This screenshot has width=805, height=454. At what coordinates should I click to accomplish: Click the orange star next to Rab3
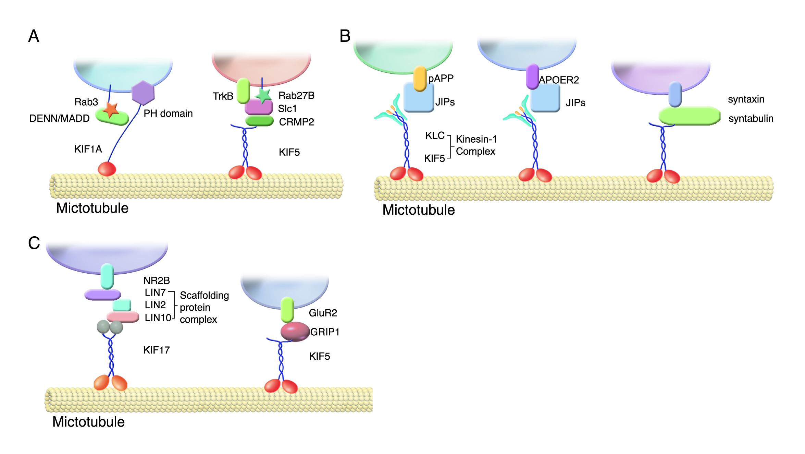point(111,110)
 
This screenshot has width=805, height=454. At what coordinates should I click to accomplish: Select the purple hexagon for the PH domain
point(143,93)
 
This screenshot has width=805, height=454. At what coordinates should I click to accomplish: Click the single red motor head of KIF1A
point(107,169)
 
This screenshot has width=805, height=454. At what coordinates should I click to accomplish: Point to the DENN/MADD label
point(59,118)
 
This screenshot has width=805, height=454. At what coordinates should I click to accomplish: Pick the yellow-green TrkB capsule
point(243,91)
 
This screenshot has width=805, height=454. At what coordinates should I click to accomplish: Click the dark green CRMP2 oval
point(259,121)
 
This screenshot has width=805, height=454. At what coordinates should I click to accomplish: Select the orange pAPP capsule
point(420,79)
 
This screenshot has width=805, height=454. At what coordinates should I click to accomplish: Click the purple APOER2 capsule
point(532,76)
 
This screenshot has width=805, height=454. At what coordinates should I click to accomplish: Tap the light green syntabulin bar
point(689,116)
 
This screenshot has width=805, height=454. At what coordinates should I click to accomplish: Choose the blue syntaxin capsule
point(675,94)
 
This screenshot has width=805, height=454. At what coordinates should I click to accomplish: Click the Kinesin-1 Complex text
point(476,145)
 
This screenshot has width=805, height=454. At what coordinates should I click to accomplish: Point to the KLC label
point(435,135)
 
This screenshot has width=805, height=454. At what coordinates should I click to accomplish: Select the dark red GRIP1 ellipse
point(295,331)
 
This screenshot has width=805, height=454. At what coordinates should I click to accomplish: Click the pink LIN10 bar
point(123,316)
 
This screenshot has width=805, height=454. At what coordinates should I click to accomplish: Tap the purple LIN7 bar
point(102,294)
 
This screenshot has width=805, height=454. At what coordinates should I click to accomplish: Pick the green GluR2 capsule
point(287,309)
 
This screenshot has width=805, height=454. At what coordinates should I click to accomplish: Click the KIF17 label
point(157,350)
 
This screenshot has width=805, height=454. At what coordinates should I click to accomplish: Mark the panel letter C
point(34,243)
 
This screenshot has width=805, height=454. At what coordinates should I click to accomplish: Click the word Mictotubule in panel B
point(418,210)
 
